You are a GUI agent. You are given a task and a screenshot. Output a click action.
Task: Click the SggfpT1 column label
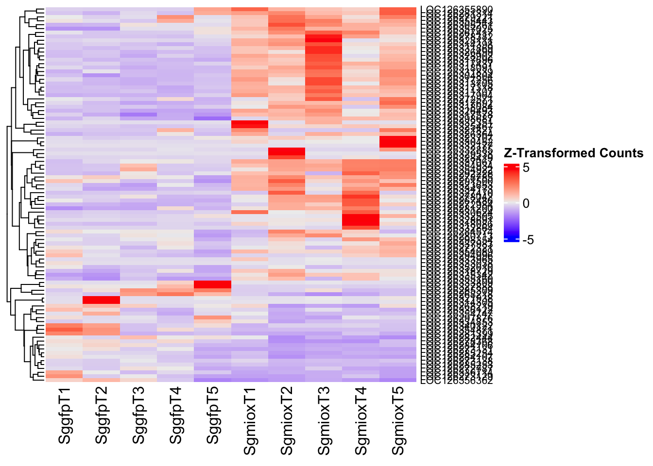[65, 416]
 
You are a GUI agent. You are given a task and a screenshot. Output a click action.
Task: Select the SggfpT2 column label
[102, 416]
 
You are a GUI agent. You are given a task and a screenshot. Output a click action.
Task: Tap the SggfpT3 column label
[139, 416]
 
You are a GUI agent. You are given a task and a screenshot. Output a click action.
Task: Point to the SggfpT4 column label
[176, 416]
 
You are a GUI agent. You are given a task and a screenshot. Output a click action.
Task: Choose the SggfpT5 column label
[213, 416]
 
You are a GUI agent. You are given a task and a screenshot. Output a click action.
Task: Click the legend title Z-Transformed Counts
[574, 153]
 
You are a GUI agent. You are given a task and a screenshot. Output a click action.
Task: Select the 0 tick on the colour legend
[526, 204]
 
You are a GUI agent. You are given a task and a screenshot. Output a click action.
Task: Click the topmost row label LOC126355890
[456, 9]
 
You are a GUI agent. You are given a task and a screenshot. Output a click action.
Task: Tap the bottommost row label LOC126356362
[456, 381]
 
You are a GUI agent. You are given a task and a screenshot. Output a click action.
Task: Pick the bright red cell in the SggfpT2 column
[102, 300]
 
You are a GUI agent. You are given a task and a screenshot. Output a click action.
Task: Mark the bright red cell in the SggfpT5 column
[213, 284]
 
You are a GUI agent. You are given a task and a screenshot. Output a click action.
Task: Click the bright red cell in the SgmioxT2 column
[287, 152]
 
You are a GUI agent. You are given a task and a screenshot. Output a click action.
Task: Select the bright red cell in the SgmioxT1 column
[250, 124]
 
